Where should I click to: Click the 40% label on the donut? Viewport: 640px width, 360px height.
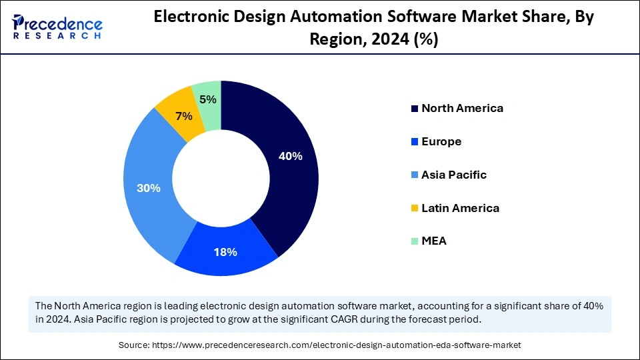(290, 157)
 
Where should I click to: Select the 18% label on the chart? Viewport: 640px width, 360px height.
(225, 252)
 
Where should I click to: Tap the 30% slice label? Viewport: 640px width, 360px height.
(148, 189)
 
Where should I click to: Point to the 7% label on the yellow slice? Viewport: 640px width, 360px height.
(183, 116)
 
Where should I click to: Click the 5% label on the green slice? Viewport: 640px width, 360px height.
(207, 99)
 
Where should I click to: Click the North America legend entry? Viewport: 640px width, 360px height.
(462, 108)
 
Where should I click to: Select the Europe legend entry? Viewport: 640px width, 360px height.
(441, 141)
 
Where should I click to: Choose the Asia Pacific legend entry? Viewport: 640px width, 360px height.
(454, 175)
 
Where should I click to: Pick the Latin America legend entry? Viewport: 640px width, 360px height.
(460, 208)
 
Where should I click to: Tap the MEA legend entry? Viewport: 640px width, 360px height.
(434, 241)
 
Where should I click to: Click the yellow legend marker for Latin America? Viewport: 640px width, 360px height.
(415, 209)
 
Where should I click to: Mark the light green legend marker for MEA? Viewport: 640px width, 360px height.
(415, 241)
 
